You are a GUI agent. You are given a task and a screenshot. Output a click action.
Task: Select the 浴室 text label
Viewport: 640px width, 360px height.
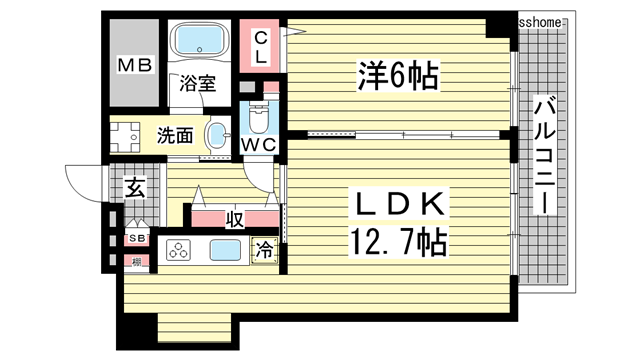[x=197, y=85]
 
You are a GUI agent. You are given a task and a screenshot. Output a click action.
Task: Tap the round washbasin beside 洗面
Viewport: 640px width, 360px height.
[x=217, y=135]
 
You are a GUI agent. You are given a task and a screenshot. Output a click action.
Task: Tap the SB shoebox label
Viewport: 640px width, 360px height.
[x=135, y=239]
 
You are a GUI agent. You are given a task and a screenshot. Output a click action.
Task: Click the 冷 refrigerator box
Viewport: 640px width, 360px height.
[x=265, y=252]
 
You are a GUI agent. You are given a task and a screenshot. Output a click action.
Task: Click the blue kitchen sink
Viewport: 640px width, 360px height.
[x=224, y=252]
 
